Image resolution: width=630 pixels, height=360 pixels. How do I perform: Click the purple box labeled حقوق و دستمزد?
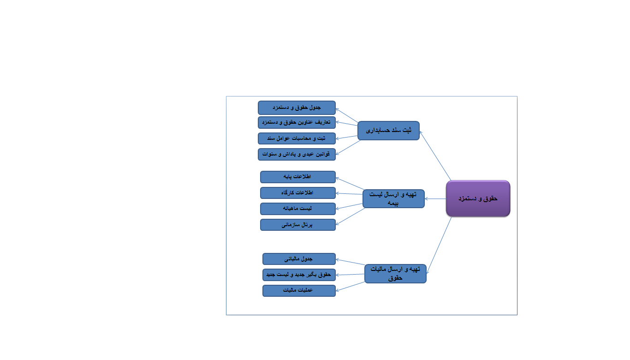tap(478, 198)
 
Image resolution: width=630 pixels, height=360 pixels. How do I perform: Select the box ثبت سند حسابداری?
tap(388, 131)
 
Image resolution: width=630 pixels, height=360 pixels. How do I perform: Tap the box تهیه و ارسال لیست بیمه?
tap(393, 198)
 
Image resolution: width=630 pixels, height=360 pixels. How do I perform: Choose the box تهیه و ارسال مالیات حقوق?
tap(395, 274)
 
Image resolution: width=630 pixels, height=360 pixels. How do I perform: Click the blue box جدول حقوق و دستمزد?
tap(297, 108)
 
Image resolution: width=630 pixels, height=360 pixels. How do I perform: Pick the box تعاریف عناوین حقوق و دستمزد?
tap(297, 122)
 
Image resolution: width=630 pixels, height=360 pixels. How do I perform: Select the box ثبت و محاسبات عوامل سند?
tap(297, 138)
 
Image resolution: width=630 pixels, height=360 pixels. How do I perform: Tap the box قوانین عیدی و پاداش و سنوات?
tap(297, 154)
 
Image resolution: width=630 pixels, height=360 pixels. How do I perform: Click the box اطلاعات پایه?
tap(297, 177)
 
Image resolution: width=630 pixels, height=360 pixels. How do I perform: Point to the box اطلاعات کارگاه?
tap(297, 193)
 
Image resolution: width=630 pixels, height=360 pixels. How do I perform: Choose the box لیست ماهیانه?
tap(297, 209)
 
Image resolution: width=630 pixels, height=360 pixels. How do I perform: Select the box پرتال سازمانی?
tap(297, 225)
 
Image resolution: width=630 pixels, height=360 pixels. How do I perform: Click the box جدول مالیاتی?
tap(299, 259)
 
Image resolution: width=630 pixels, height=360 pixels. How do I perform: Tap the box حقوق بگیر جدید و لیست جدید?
tap(299, 275)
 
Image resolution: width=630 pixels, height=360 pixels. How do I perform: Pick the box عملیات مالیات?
tap(299, 291)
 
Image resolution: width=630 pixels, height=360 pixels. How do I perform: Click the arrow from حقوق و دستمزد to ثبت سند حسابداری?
tap(435, 156)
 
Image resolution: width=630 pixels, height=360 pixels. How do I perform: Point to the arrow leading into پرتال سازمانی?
tap(351, 216)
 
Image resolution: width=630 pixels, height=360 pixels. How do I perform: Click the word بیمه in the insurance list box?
tap(393, 203)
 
